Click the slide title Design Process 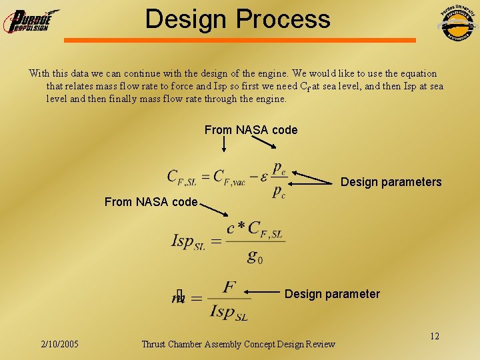[237, 19]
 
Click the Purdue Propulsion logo [31, 21]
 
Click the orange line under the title [240, 40]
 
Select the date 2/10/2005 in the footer [59, 344]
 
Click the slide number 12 [434, 336]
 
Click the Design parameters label [391, 182]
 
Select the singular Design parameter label [332, 294]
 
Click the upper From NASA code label [251, 130]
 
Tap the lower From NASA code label [151, 201]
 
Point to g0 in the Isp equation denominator [255, 256]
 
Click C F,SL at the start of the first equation [181, 177]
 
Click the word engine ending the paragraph [269, 99]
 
